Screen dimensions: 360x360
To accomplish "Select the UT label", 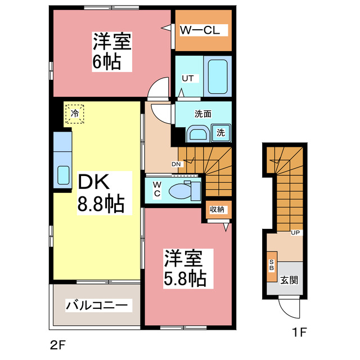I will (x=187, y=79).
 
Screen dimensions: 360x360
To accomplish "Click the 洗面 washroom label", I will (x=202, y=113).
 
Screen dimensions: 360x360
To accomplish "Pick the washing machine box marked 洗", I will (x=221, y=133).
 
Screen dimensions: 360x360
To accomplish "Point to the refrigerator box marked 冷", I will (x=74, y=114).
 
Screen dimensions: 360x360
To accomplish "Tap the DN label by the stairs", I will (x=176, y=164).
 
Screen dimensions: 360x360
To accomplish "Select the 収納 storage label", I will (x=217, y=210).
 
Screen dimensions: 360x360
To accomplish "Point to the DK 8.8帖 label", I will (x=100, y=192).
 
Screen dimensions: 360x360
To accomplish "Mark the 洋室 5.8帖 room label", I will (x=184, y=268).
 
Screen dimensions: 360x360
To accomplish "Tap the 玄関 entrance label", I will (x=290, y=280).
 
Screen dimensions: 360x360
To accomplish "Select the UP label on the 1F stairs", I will (x=295, y=232).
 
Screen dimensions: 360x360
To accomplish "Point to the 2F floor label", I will (x=56, y=343).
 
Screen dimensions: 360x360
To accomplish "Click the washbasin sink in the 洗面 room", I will (x=197, y=134).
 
